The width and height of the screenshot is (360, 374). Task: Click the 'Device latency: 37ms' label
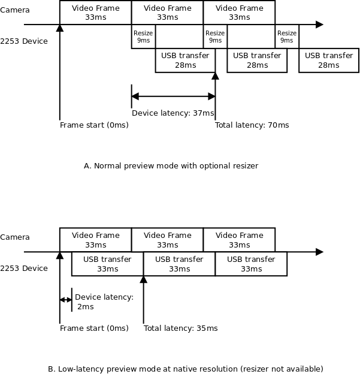pos(173,113)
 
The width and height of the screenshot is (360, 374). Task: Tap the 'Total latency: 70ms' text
pos(252,125)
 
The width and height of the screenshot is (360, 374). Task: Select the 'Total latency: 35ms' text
pos(181,328)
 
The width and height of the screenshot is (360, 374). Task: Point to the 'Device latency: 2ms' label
pos(104,301)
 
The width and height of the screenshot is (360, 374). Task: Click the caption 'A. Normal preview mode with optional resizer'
pos(171,166)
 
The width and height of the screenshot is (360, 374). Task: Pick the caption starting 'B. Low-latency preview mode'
pos(186,369)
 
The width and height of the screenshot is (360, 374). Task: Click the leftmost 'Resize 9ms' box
pos(143,37)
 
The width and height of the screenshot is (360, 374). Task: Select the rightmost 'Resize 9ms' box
pos(287,37)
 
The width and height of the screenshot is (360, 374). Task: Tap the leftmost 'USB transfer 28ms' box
pos(185,61)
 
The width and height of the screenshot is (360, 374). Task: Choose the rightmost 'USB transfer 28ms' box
pos(329,61)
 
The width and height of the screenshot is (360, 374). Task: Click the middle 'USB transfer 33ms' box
pos(179,264)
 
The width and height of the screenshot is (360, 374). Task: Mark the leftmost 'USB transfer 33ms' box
pos(107,264)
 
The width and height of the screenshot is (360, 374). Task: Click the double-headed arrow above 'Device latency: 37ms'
pos(173,96)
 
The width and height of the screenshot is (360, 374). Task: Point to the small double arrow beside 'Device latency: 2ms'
pos(65,300)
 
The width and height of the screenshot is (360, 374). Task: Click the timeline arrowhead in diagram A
pos(319,25)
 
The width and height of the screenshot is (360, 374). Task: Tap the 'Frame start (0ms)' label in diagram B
pos(94,328)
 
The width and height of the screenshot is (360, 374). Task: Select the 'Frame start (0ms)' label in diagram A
pos(94,125)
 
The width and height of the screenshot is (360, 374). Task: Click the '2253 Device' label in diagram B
pos(24,269)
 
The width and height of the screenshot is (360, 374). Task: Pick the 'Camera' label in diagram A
pos(15,10)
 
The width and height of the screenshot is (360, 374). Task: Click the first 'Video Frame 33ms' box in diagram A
pos(95,13)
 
